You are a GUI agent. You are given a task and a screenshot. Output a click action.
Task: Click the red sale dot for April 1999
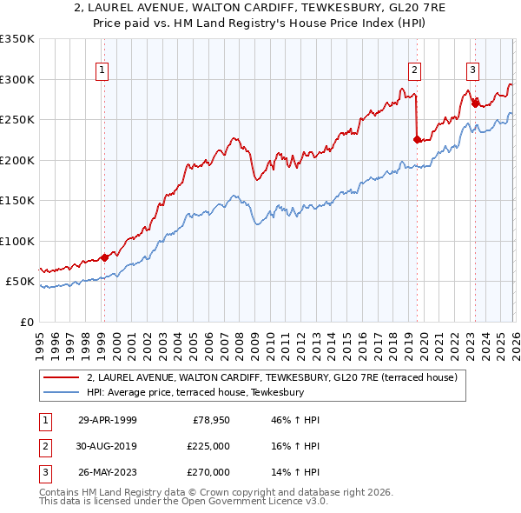(x=105, y=257)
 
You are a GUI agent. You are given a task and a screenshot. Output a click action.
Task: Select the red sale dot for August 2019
(x=417, y=139)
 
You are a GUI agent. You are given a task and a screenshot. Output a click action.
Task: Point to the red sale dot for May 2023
(x=475, y=103)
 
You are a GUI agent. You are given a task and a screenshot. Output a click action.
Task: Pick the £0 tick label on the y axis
(x=27, y=322)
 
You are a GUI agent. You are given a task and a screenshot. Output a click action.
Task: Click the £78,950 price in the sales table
(x=209, y=420)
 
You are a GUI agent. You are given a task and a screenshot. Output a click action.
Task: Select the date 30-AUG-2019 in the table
(x=108, y=446)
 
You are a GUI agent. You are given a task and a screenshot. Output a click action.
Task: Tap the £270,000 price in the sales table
(x=209, y=472)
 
